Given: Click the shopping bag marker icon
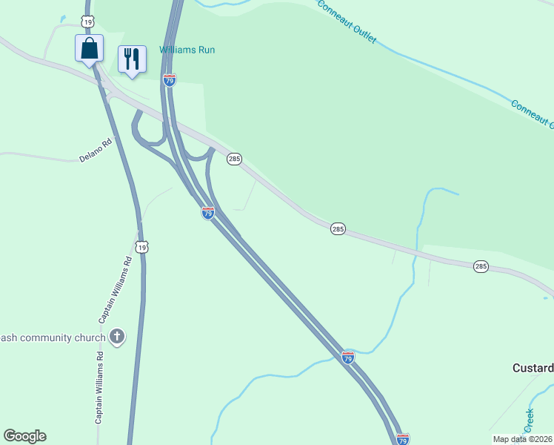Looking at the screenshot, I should pyautogui.click(x=89, y=49).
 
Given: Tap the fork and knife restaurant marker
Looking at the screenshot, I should pyautogui.click(x=132, y=59).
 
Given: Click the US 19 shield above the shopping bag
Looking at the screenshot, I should pyautogui.click(x=88, y=23).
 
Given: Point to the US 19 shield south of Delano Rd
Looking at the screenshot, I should pyautogui.click(x=142, y=246).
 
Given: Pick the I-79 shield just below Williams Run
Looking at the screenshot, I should pyautogui.click(x=170, y=80).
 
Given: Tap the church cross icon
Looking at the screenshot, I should pyautogui.click(x=116, y=337).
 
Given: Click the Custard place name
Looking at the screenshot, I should pyautogui.click(x=533, y=368).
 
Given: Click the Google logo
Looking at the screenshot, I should pyautogui.click(x=24, y=436).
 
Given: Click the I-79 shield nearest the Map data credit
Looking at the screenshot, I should pyautogui.click(x=403, y=439).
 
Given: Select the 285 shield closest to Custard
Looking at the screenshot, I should pyautogui.click(x=481, y=266).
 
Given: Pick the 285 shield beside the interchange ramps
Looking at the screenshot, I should pyautogui.click(x=235, y=159).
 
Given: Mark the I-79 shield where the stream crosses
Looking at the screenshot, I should pyautogui.click(x=348, y=357).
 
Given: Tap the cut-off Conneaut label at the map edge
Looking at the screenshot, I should pyautogui.click(x=532, y=111).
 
